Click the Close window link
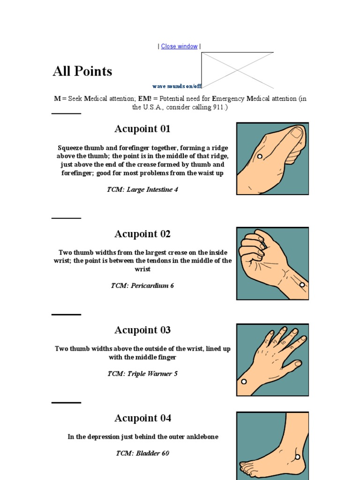179,46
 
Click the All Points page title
82,71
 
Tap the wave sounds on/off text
177,86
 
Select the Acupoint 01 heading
142,129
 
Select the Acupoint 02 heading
142,234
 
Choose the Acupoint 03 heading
142,330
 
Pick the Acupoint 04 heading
142,418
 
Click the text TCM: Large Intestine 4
142,190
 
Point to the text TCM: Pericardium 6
142,285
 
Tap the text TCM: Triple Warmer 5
142,374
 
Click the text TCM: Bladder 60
142,453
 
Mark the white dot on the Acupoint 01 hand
260,157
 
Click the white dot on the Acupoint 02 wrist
302,285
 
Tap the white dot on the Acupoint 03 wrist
244,382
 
